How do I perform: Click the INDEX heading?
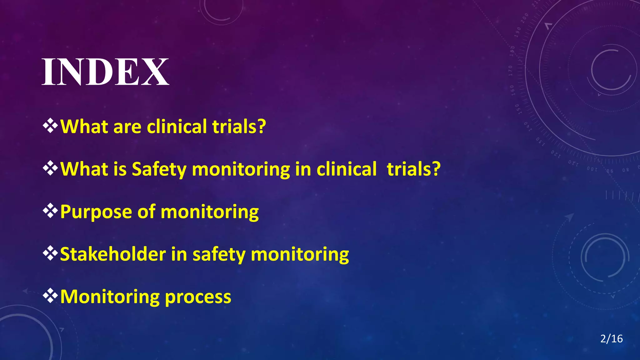pyautogui.click(x=105, y=72)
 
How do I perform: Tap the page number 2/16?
pyautogui.click(x=611, y=339)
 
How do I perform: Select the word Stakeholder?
pyautogui.click(x=113, y=254)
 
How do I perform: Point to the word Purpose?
pyautogui.click(x=96, y=212)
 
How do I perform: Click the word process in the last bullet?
pyautogui.click(x=198, y=297)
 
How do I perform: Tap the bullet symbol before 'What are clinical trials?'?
pyautogui.click(x=50, y=126)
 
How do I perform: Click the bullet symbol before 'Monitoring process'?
pyautogui.click(x=50, y=296)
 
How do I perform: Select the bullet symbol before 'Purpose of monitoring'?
pyautogui.click(x=50, y=211)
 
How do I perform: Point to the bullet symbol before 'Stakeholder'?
pyautogui.click(x=50, y=254)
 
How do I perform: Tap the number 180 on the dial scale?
pyautogui.click(x=512, y=51)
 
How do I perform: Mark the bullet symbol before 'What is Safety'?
pyautogui.click(x=50, y=169)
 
